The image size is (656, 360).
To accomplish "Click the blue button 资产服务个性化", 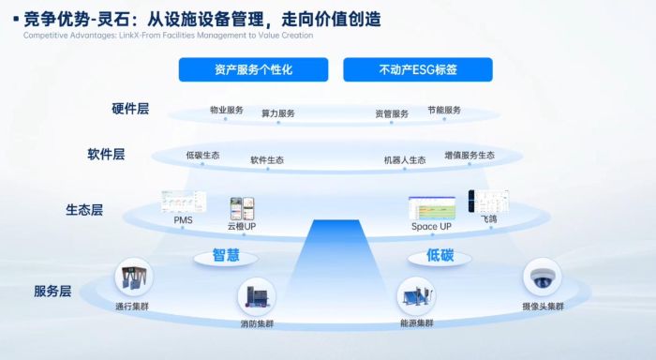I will point(253,69).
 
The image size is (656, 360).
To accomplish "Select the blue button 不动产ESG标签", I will point(418,69).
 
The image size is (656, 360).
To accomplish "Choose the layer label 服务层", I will point(52,292).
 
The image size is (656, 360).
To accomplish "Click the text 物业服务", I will point(227,111).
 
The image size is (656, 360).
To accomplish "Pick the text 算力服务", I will point(277,113).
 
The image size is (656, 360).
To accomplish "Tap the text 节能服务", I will point(444,111).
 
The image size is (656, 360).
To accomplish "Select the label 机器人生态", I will point(405,160).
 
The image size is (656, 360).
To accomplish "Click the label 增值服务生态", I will point(470,155).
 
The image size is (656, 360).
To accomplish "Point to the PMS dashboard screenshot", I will point(184,201).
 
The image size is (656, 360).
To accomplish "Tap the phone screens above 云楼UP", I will point(241,208).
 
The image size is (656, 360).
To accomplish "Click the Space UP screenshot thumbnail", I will point(431,208).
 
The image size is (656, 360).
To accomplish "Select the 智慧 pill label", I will point(226,255).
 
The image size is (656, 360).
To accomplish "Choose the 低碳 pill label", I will point(440,255).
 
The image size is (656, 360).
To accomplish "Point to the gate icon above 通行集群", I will point(133,279).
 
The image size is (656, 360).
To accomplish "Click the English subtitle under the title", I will point(168,36).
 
